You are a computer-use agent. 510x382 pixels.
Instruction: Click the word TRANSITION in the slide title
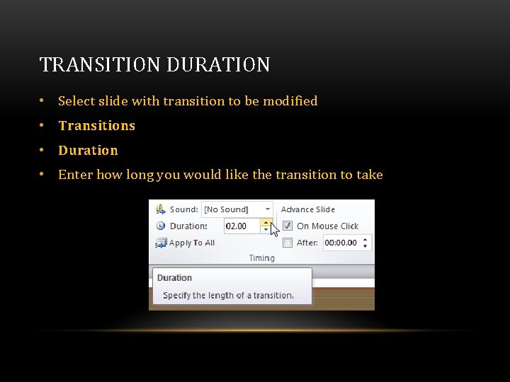click(100, 65)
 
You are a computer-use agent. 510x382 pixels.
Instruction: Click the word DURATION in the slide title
click(218, 65)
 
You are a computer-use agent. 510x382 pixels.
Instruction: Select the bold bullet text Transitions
click(96, 126)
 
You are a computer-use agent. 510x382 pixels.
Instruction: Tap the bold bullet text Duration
click(88, 151)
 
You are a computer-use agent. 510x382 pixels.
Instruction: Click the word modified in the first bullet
click(290, 101)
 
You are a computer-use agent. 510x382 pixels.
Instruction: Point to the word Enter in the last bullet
click(75, 175)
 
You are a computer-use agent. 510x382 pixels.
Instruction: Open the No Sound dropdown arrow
click(267, 209)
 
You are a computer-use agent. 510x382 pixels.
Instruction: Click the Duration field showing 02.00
click(242, 226)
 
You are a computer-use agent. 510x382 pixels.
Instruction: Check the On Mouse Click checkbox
click(288, 226)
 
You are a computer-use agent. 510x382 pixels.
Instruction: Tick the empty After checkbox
click(288, 243)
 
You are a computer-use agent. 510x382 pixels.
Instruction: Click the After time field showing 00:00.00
click(341, 243)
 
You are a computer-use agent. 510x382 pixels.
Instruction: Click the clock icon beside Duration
click(160, 226)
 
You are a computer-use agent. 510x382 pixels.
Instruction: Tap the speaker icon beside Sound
click(160, 209)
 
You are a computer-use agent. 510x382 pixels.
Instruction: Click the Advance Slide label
click(308, 209)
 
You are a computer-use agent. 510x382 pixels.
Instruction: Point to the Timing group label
click(261, 258)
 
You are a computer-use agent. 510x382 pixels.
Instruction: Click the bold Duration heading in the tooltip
click(174, 278)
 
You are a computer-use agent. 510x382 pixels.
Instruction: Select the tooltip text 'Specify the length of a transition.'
click(228, 296)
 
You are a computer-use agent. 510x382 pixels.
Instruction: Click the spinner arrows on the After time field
click(365, 243)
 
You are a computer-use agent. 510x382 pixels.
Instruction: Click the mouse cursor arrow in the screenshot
click(275, 230)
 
